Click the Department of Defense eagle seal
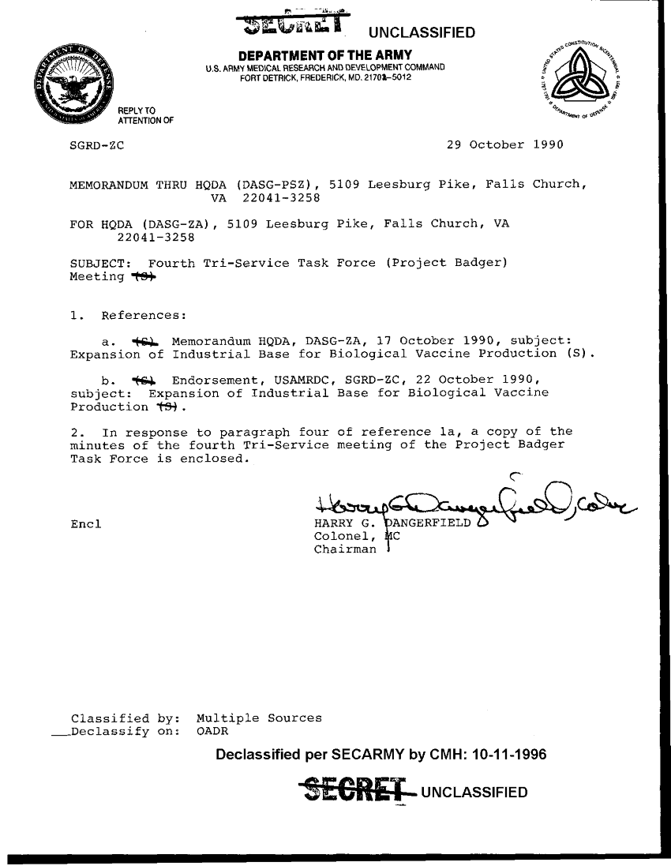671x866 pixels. pyautogui.click(x=76, y=84)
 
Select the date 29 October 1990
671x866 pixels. pyautogui.click(x=504, y=145)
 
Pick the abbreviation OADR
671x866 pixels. pyautogui.click(x=212, y=732)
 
